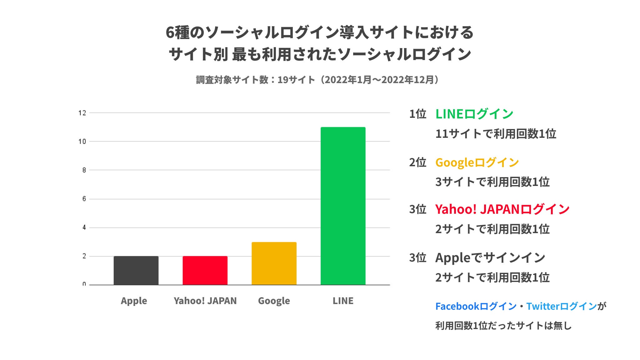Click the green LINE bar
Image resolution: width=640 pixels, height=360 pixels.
tap(343, 206)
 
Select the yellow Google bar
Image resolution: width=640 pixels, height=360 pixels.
tap(274, 263)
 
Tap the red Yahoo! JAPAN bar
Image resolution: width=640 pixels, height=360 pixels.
tap(205, 270)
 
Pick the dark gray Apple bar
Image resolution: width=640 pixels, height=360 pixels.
tap(136, 270)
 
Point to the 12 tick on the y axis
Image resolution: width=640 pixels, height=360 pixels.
tap(82, 113)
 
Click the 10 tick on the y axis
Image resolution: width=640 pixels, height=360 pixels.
tap(82, 142)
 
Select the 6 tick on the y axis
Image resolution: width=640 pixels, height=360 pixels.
tap(84, 199)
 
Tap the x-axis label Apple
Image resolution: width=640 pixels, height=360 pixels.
tap(134, 301)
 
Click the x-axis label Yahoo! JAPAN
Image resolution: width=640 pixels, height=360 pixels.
tap(205, 301)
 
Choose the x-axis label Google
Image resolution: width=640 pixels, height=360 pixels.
tap(274, 301)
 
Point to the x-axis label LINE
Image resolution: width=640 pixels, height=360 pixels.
tap(343, 301)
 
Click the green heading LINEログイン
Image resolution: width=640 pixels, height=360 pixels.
tap(474, 114)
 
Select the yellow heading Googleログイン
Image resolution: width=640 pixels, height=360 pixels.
tap(477, 162)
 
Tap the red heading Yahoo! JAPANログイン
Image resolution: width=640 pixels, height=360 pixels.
tap(502, 209)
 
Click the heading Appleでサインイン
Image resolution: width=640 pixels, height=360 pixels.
tap(490, 258)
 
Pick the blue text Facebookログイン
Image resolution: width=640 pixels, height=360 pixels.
tap(476, 306)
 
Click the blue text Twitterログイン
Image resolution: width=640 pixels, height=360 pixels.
tap(562, 306)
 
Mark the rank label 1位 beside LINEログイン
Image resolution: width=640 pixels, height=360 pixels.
tap(417, 114)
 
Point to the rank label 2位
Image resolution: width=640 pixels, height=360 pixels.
tap(417, 162)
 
